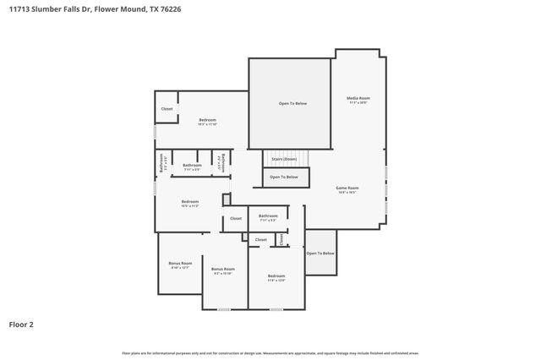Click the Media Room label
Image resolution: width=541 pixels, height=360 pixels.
click(x=358, y=99)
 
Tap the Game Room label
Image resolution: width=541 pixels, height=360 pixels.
click(x=347, y=188)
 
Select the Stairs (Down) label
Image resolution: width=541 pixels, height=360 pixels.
click(x=283, y=159)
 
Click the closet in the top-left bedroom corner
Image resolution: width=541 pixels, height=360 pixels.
click(x=167, y=109)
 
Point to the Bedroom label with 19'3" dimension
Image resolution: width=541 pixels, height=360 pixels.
click(x=208, y=121)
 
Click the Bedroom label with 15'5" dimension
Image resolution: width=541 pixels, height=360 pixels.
click(x=189, y=202)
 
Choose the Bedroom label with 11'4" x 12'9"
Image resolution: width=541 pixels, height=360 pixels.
click(x=276, y=277)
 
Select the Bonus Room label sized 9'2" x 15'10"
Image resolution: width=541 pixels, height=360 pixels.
click(x=223, y=270)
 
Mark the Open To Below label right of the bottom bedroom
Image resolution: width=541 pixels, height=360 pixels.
click(x=320, y=254)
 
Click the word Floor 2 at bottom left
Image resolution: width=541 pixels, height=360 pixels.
click(x=21, y=324)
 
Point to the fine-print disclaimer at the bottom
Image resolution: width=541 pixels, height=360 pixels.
click(x=270, y=352)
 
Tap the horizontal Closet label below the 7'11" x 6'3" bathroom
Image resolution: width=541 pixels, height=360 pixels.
click(x=260, y=239)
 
